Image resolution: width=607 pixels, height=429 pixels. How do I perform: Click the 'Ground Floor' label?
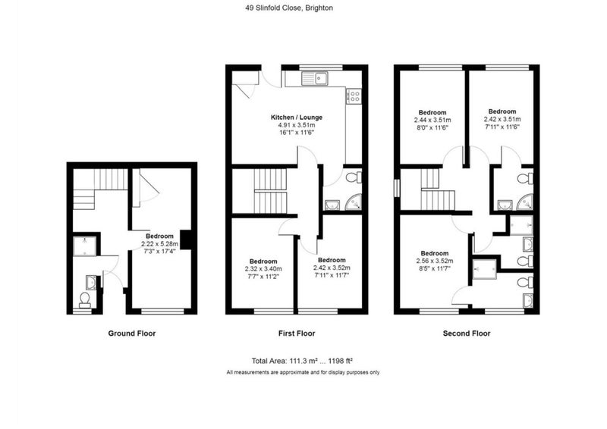pyautogui.click(x=131, y=333)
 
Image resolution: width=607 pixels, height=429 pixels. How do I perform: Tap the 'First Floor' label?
pyautogui.click(x=297, y=333)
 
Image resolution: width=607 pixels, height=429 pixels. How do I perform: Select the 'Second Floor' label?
pyautogui.click(x=467, y=333)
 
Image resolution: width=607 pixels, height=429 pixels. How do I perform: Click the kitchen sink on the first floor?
pyautogui.click(x=314, y=78)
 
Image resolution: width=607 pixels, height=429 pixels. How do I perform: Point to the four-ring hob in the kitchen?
pyautogui.click(x=354, y=96)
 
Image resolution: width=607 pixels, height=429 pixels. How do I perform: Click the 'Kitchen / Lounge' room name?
pyautogui.click(x=297, y=117)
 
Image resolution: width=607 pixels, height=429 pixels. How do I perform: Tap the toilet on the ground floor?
pyautogui.click(x=85, y=299)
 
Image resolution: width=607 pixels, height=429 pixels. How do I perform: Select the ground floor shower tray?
pyautogui.click(x=85, y=246)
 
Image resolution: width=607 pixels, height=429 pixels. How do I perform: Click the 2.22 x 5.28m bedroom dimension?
pyautogui.click(x=159, y=244)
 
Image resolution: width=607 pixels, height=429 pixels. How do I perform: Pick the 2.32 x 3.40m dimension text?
pyautogui.click(x=263, y=269)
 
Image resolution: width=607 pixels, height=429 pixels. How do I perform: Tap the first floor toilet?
pyautogui.click(x=354, y=178)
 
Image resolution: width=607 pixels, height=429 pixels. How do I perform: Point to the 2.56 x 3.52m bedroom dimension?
pyautogui.click(x=435, y=261)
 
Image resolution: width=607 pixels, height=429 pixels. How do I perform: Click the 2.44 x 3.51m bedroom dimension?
pyautogui.click(x=432, y=121)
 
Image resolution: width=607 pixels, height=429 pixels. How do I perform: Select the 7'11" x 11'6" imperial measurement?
pyautogui.click(x=502, y=127)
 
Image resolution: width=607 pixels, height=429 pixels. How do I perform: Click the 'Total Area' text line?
pyautogui.click(x=302, y=362)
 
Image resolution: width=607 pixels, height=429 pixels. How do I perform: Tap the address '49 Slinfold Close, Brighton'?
pyautogui.click(x=289, y=8)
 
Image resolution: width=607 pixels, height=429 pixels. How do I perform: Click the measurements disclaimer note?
pyautogui.click(x=303, y=372)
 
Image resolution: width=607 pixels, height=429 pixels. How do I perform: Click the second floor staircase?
pyautogui.click(x=438, y=189)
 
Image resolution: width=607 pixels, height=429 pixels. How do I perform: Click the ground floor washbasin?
pyautogui.click(x=91, y=282)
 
